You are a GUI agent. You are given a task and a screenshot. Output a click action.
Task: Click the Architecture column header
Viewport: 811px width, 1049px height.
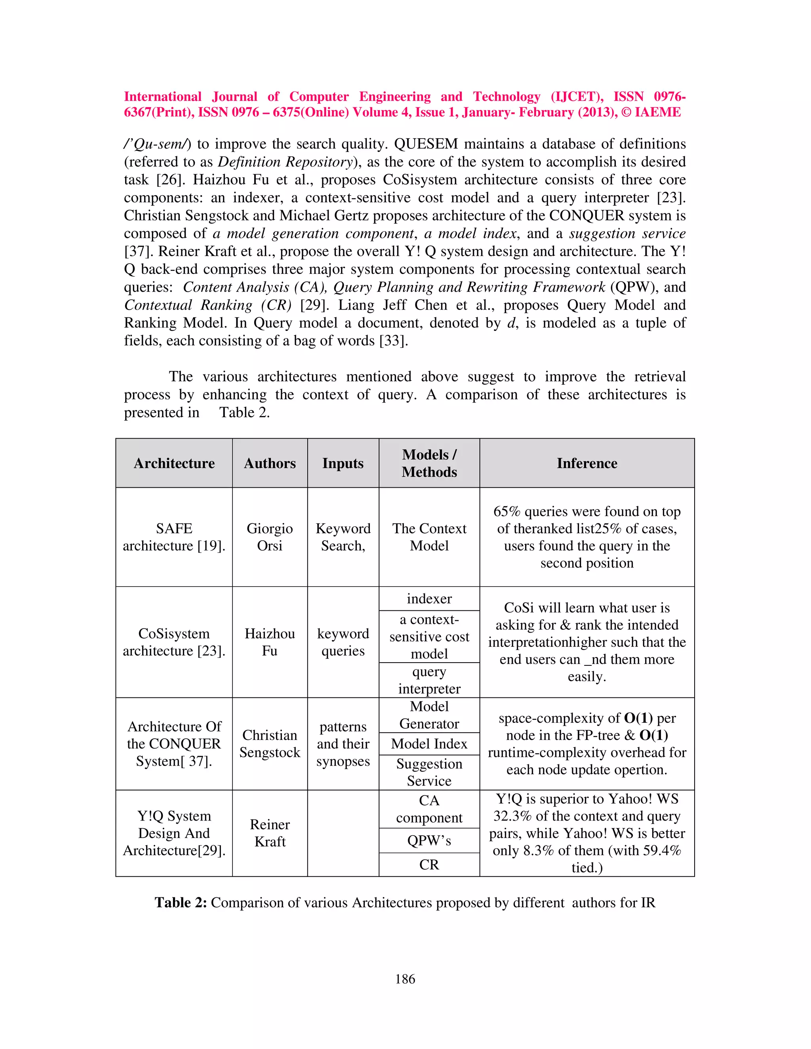[174, 463]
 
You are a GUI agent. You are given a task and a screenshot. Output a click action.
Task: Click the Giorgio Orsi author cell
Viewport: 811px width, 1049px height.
[270, 537]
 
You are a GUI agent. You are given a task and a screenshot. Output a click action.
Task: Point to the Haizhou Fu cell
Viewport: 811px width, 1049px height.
[270, 642]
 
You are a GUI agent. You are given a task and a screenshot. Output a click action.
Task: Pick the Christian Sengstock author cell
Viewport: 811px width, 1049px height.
[270, 743]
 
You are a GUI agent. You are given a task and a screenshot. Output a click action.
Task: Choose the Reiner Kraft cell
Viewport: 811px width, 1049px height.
[270, 833]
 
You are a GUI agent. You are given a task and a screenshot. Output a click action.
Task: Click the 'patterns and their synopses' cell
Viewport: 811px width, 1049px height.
[343, 743]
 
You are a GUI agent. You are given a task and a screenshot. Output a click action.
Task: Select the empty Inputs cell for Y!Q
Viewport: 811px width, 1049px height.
[343, 833]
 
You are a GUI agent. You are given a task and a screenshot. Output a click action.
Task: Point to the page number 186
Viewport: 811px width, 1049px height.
[405, 979]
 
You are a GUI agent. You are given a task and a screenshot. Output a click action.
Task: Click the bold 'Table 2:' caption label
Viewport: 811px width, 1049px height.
[181, 903]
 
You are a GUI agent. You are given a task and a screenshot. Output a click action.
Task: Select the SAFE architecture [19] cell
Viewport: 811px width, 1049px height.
[174, 537]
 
